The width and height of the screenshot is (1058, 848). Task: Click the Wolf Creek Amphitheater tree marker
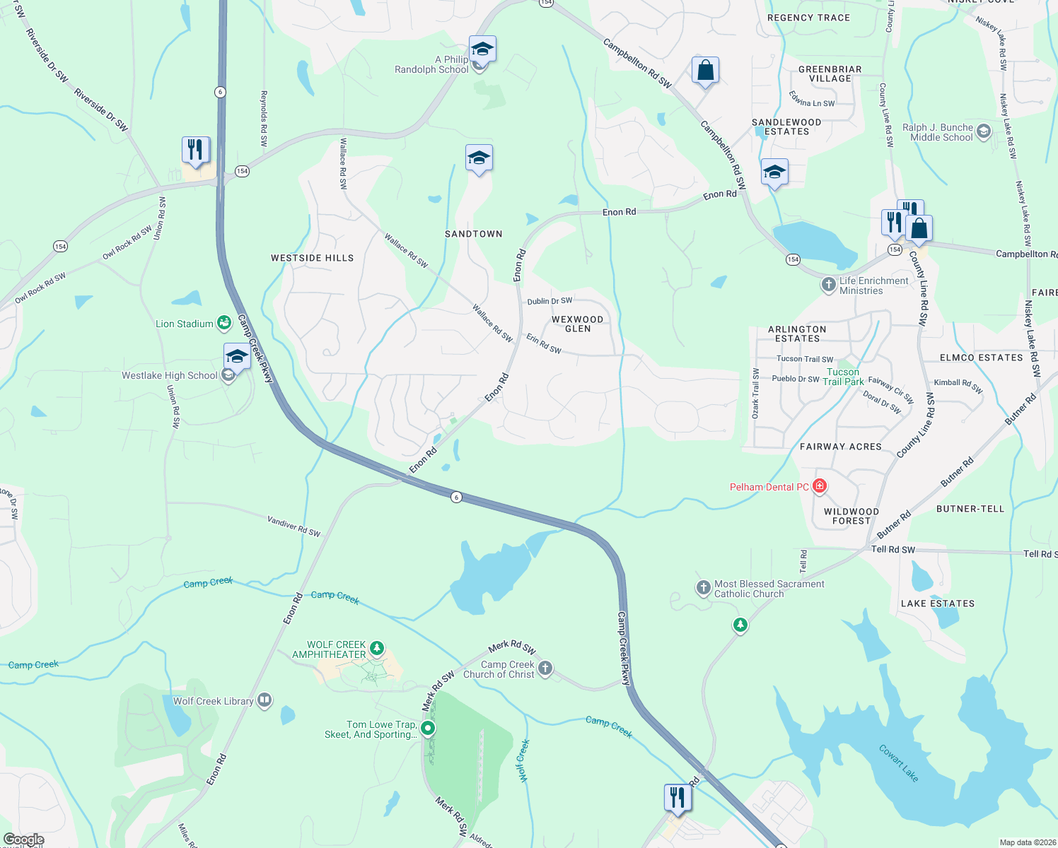tap(377, 648)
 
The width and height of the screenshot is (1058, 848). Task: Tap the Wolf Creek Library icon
tap(264, 700)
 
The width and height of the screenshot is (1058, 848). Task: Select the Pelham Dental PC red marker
tap(820, 486)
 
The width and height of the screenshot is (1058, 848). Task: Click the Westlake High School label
tap(170, 375)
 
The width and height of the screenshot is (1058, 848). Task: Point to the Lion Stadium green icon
tap(224, 323)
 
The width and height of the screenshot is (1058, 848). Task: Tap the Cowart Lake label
tap(899, 762)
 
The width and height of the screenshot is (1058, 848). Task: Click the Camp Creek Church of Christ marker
tap(545, 669)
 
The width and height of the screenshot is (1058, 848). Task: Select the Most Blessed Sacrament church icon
tap(703, 588)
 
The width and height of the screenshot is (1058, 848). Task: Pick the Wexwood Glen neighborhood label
tap(577, 324)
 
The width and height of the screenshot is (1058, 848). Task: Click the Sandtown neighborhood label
tap(473, 234)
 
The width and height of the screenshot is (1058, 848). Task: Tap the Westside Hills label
tap(312, 258)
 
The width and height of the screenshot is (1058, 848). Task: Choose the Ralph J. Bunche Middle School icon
tap(983, 131)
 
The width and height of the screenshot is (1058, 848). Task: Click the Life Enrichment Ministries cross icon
tap(828, 285)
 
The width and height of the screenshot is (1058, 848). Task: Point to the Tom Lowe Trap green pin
tap(428, 728)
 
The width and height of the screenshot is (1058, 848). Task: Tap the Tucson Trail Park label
tap(843, 377)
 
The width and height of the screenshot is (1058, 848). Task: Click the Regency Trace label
tap(808, 18)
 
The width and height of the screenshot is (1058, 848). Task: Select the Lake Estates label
tap(938, 603)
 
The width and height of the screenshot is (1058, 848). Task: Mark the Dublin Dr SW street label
tap(550, 301)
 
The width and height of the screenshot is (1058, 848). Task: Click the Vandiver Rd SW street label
tap(293, 526)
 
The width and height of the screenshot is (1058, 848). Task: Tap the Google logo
tap(24, 840)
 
